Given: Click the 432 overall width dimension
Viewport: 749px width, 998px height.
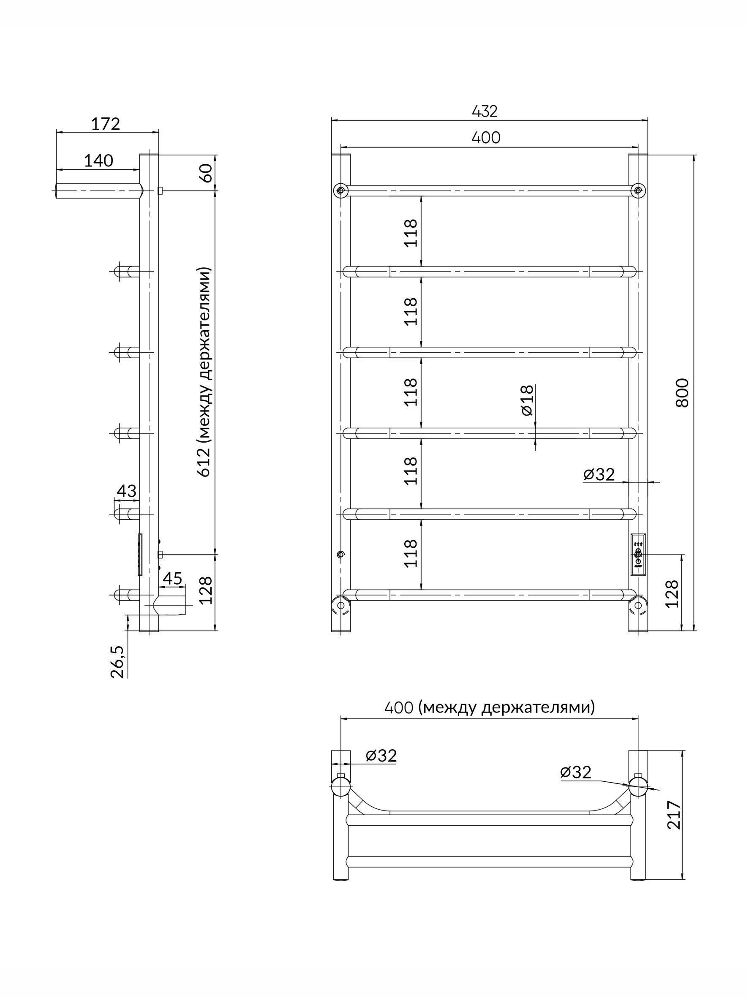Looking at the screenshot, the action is coord(485,111).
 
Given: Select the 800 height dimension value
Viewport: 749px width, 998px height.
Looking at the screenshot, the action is coord(682,393).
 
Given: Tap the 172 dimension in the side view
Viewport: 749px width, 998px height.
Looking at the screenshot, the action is coord(106,124).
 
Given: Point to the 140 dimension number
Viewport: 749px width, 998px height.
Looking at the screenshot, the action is coord(98,160).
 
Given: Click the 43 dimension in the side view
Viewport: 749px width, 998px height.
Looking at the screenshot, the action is coord(126,491).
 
